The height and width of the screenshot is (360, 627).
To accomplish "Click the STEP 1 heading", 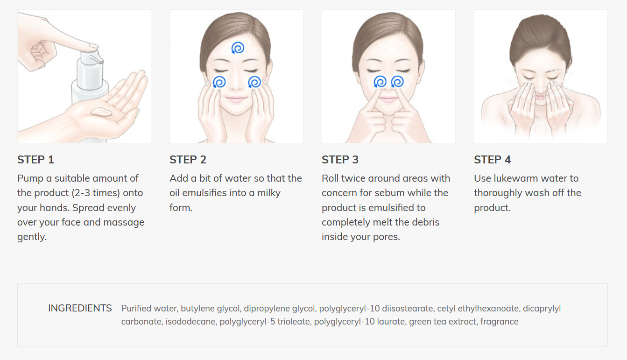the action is pos(35,160).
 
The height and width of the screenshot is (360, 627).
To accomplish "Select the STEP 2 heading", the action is pos(188,160).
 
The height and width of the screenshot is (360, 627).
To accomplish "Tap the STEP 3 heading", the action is pos(340,160).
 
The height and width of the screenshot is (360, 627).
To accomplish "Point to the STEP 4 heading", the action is pos(493,160).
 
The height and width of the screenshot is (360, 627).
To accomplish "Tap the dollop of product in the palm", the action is pos(102,112).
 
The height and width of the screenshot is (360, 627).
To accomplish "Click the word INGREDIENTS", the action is pos(80,308).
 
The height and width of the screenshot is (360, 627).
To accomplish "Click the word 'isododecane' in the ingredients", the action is pos(190,322).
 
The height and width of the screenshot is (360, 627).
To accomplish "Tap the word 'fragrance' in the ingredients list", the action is pos(500,322).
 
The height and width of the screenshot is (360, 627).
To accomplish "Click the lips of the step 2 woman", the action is pos(236,99).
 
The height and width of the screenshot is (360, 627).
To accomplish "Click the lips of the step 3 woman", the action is pos(388,99).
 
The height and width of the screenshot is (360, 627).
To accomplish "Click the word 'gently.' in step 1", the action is pos(32,237).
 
